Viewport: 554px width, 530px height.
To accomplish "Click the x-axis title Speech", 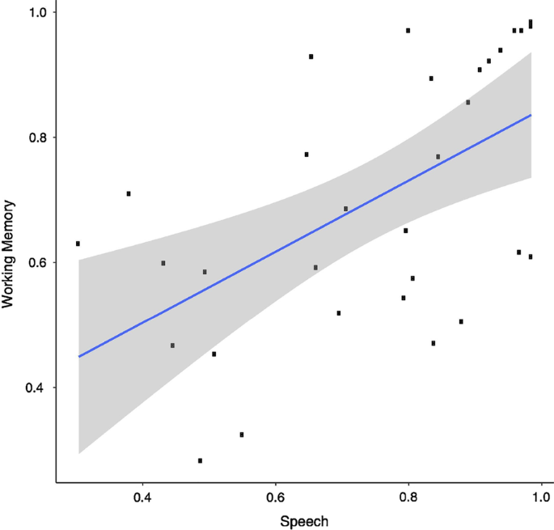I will (304, 521).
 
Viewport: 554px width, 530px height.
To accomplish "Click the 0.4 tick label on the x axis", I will (142, 495).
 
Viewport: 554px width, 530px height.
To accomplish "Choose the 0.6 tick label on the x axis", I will (276, 495).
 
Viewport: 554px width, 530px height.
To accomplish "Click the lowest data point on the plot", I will (200, 460).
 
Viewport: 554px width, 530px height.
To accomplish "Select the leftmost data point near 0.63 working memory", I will (78, 244).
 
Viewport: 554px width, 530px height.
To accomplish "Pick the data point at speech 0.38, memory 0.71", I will (129, 193).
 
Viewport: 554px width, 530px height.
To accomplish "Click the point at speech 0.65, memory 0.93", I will (311, 57).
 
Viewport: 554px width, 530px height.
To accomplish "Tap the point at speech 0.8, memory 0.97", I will (408, 31).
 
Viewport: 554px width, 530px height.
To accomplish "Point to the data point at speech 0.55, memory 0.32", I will (241, 435).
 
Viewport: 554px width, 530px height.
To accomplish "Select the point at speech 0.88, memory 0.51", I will (461, 321).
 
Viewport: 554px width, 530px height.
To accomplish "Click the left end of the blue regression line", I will (78, 356).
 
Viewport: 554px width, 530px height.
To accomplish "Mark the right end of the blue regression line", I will (531, 115).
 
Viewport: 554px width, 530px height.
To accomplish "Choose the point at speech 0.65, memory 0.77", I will (307, 155).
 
